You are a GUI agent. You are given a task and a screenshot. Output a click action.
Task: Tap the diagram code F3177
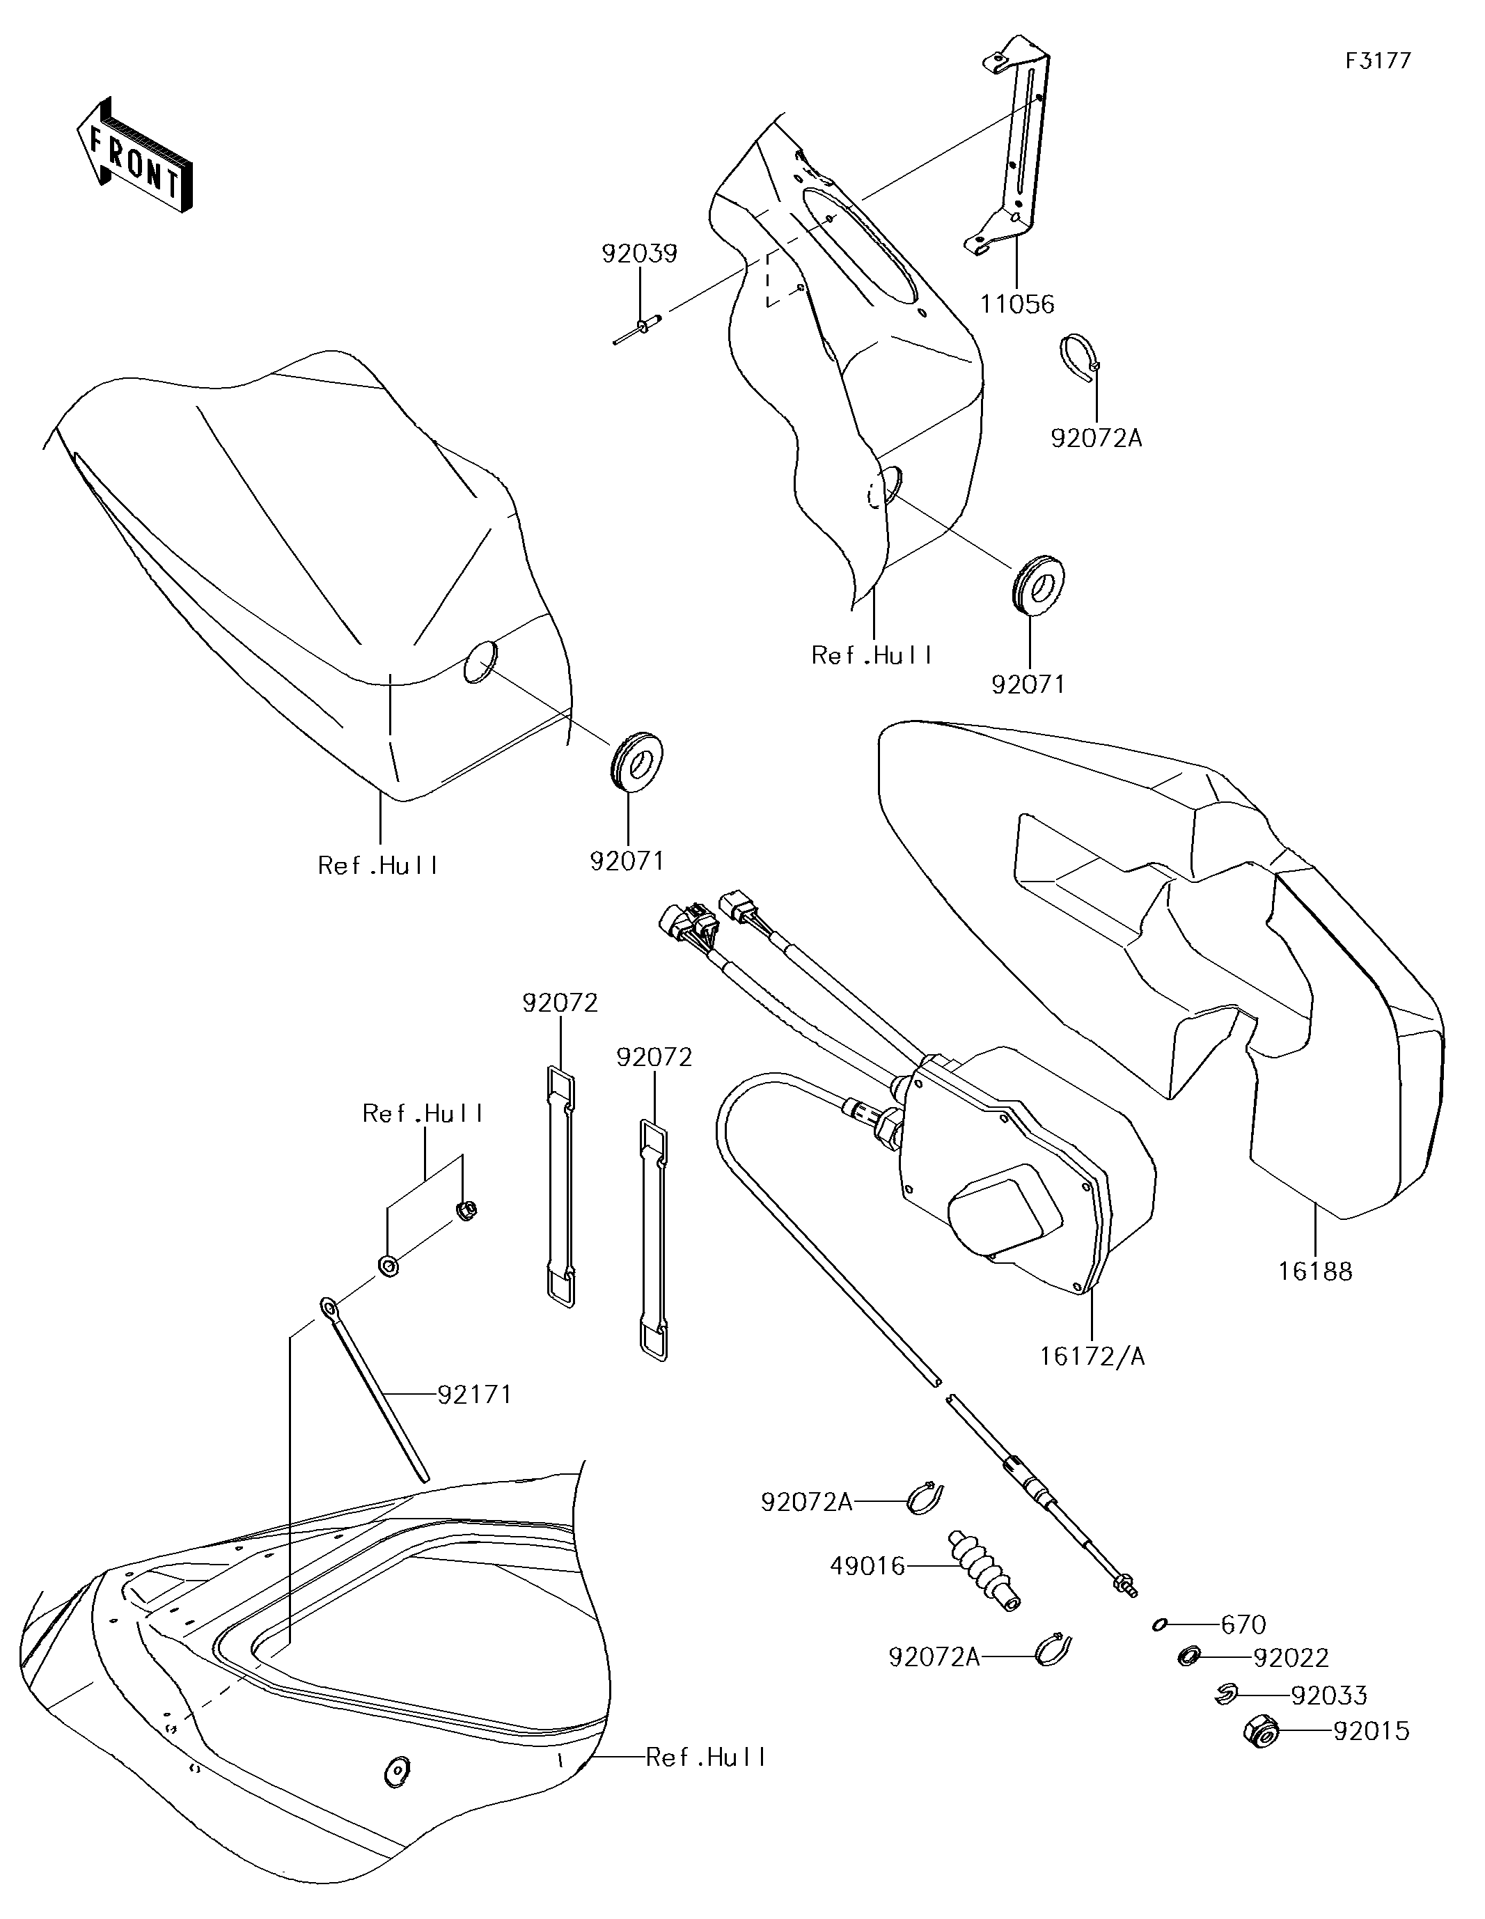[1378, 61]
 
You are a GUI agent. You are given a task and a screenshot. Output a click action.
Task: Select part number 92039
[639, 254]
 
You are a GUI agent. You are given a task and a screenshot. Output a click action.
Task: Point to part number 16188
[1314, 1271]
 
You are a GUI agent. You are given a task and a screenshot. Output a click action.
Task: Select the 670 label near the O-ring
[1243, 1624]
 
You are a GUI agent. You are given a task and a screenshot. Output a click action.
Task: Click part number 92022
[1291, 1658]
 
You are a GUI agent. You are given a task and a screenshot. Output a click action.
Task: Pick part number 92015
[1371, 1732]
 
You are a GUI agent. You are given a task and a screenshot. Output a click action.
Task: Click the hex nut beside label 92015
[1259, 1731]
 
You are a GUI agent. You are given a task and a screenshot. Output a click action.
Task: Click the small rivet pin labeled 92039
[639, 329]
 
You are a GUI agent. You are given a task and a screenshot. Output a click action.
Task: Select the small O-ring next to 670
[1160, 1624]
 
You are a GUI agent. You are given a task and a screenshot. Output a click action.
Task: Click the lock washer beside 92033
[1226, 1694]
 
